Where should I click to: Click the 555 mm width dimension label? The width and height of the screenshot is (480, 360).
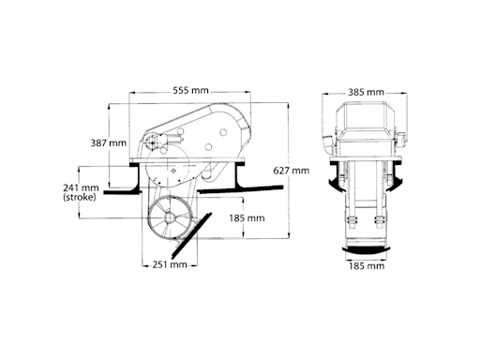[191, 91]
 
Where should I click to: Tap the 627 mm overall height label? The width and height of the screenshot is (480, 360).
[291, 171]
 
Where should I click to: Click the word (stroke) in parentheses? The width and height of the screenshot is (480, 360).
[81, 198]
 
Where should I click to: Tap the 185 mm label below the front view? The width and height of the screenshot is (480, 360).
[366, 266]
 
